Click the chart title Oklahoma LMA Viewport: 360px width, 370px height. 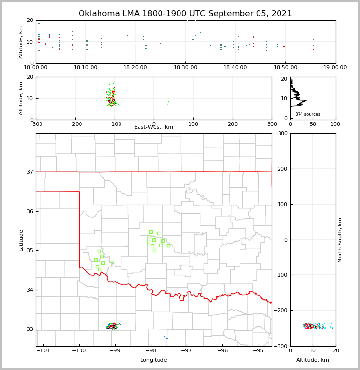pos(185,14)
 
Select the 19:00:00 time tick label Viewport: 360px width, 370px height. pos(335,68)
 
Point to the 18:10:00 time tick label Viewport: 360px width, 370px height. pos(86,68)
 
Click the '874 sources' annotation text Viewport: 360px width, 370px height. pos(307,114)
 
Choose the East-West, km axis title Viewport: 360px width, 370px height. pos(153,127)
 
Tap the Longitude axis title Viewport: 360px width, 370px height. pos(153,360)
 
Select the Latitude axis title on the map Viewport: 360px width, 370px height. pos(21,240)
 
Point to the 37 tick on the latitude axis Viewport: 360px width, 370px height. pos(30,172)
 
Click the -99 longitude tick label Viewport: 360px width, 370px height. pos(115,351)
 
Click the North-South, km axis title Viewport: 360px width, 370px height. pos(340,240)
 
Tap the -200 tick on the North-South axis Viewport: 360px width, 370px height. pos(280,310)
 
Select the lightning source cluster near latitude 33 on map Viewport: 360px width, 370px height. pos(113,326)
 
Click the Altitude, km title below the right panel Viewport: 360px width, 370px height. pos(313,360)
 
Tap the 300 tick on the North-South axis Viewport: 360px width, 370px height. pos(281,133)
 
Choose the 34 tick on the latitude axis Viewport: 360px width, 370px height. pos(30,290)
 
